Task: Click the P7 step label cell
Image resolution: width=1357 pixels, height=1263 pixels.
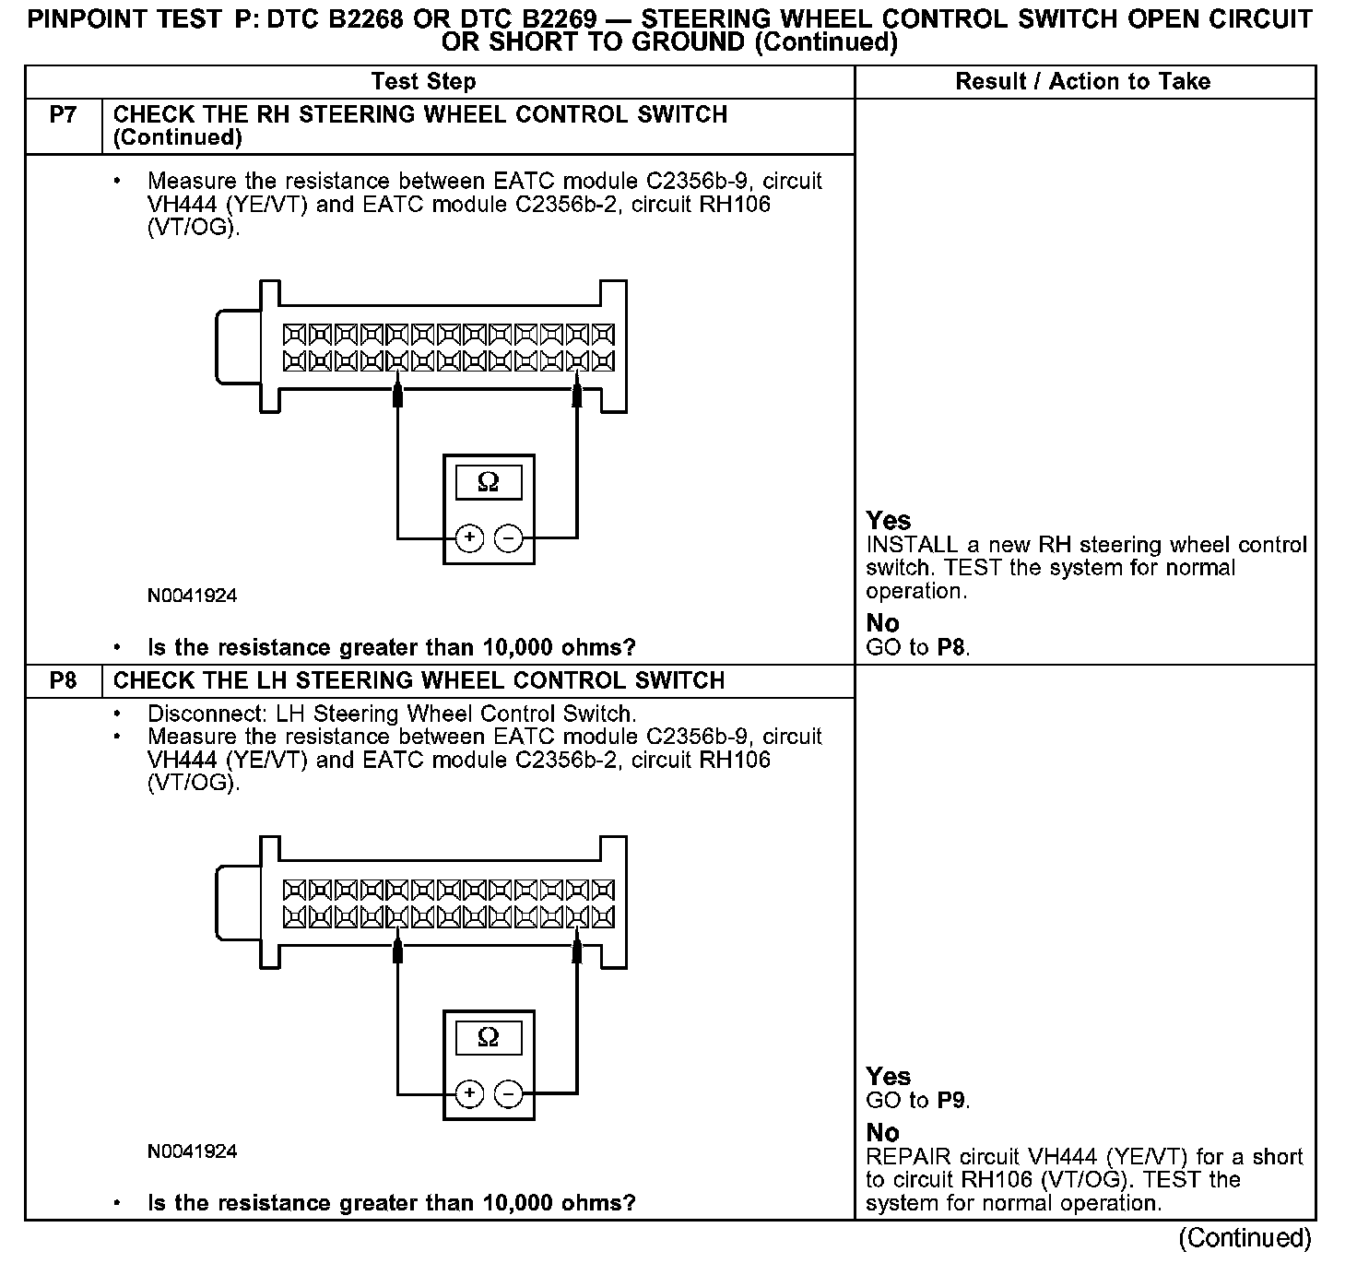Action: pos(63,115)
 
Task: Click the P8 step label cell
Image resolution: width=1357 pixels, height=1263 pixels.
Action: pos(63,681)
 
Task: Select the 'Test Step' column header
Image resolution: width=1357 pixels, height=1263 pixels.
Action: pos(423,82)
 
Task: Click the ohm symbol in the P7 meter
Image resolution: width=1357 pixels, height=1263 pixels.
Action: pos(489,482)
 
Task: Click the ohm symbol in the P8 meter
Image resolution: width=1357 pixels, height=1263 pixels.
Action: pos(489,1037)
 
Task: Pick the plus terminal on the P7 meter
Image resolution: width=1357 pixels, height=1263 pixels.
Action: pos(469,537)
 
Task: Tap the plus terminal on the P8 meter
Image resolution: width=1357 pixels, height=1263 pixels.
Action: pos(469,1093)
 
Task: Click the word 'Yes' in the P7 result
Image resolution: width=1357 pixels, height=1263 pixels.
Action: pos(889,521)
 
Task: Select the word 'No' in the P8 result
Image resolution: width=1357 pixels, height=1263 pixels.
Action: pos(882,1133)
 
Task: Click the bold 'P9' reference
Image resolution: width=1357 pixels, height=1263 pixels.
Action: pos(951,1101)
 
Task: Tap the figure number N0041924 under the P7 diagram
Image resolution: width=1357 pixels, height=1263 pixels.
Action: pos(192,596)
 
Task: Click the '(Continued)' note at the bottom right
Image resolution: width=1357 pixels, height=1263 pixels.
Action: pos(1245,1238)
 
